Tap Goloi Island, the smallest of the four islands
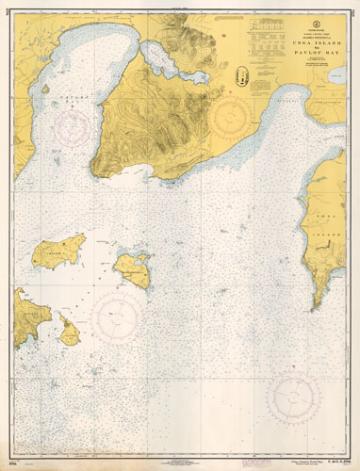pos(68,330)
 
